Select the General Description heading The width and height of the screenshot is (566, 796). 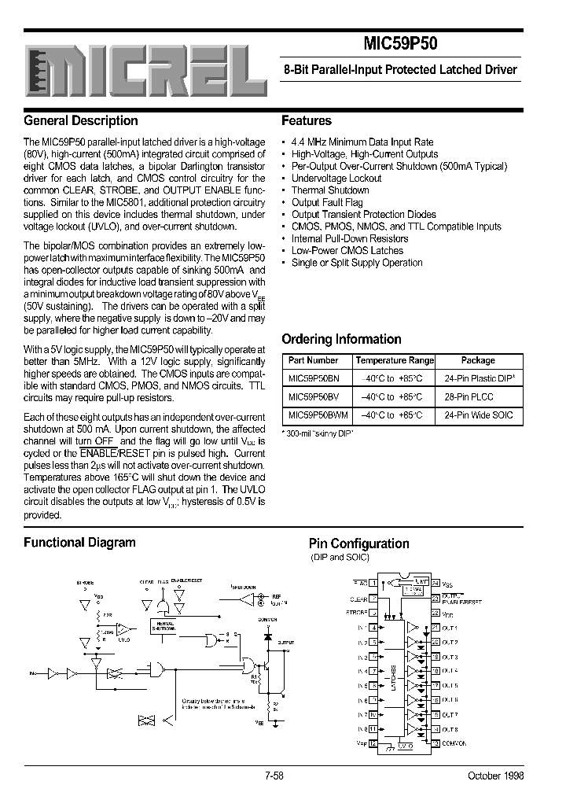tap(81, 121)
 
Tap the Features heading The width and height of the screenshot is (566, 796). tap(307, 121)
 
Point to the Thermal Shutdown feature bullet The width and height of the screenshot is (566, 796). tap(330, 190)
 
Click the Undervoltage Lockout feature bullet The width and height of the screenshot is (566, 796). tap(336, 179)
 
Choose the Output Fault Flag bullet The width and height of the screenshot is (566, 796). tap(327, 202)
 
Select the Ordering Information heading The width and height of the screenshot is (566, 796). tap(341, 340)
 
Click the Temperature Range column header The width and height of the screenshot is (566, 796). tap(395, 360)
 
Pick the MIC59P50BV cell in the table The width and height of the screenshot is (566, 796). tap(314, 397)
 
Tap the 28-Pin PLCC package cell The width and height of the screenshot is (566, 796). tap(469, 397)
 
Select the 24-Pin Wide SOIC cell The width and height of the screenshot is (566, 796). tap(478, 415)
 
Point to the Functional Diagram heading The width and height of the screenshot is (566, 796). tap(79, 542)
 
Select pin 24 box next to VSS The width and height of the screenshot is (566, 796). tap(435, 584)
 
